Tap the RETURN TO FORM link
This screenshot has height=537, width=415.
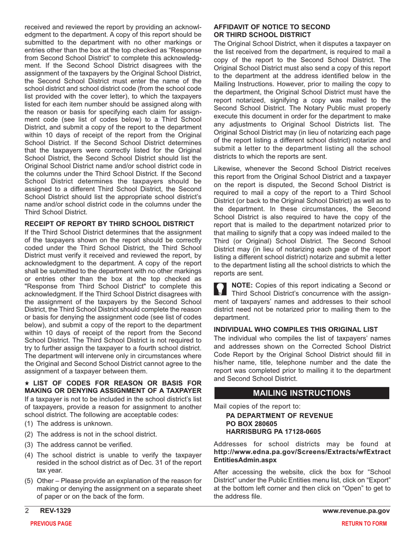click(x=364, y=523)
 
